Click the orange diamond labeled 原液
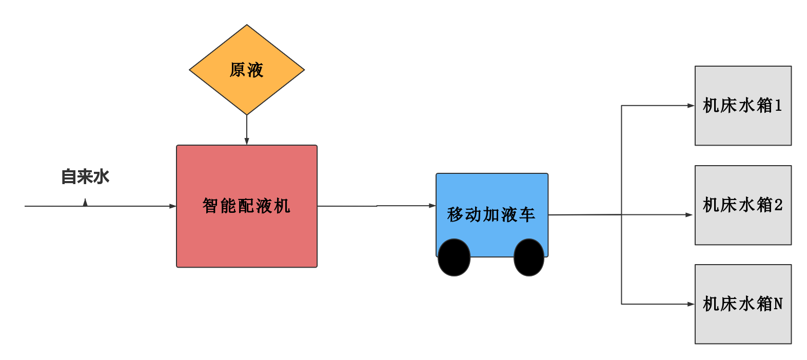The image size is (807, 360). click(x=247, y=70)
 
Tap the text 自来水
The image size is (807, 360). click(x=85, y=177)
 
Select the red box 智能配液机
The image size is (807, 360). click(x=247, y=206)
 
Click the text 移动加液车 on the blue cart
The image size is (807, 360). click(x=491, y=214)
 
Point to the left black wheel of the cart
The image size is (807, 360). click(x=454, y=257)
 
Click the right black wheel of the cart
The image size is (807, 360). click(x=529, y=257)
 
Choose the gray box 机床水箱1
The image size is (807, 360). click(x=743, y=106)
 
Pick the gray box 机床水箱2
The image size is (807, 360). click(x=743, y=205)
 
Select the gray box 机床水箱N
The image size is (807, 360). click(x=743, y=304)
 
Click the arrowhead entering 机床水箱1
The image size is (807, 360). click(x=691, y=106)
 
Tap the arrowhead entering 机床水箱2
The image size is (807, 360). click(x=689, y=215)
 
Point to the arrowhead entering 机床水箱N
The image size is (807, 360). click(x=691, y=304)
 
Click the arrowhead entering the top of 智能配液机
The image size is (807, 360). click(x=247, y=141)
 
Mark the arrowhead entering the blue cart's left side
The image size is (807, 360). click(x=432, y=206)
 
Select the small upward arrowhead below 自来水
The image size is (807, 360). click(x=85, y=203)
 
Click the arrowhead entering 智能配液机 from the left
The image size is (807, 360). click(x=172, y=206)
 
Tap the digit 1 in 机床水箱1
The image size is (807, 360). click(x=778, y=106)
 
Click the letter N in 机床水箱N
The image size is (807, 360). click(x=778, y=304)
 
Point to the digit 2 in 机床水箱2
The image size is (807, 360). click(x=779, y=205)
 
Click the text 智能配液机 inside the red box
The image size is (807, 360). click(x=246, y=206)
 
